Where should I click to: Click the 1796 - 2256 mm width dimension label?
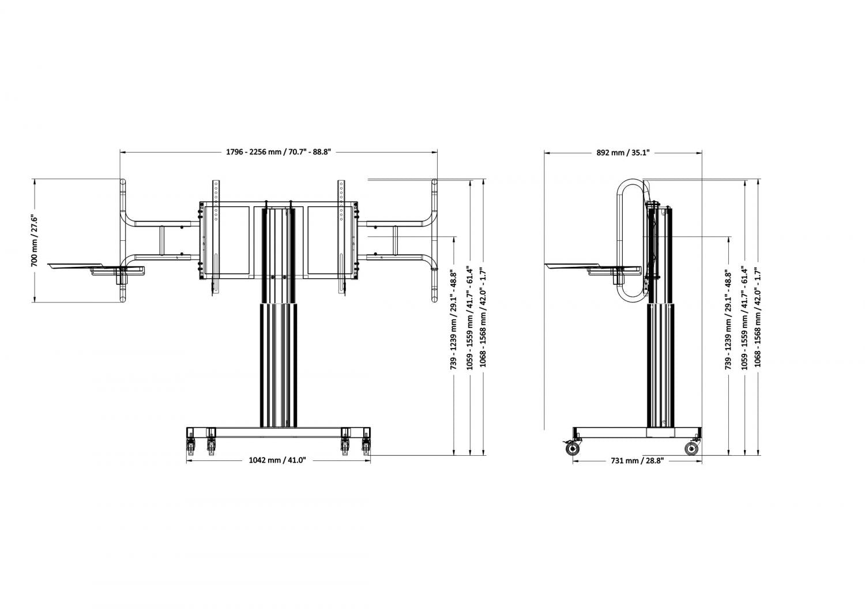tap(279, 152)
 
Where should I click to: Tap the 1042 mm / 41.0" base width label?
tap(277, 460)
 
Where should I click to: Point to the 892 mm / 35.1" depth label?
tap(623, 152)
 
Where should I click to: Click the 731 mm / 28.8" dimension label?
tap(637, 460)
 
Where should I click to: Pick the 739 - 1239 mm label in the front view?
tap(454, 320)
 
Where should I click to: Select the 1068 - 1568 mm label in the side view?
tap(758, 317)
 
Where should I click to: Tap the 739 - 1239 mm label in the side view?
tap(728, 320)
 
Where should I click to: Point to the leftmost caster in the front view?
tap(191, 446)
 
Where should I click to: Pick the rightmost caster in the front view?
tap(366, 446)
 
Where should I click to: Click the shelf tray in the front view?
tap(96, 268)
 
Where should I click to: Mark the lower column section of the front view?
tap(279, 365)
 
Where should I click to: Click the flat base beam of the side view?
tap(637, 432)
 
